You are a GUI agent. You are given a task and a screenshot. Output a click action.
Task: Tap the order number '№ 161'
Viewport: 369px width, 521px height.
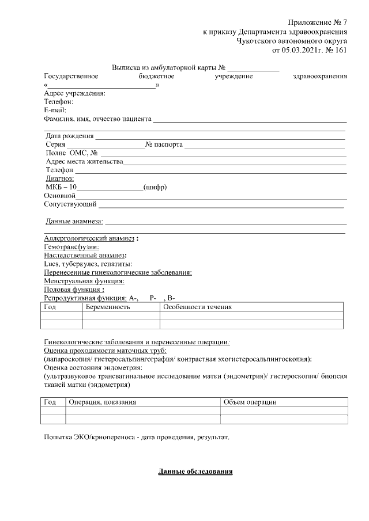pos(336,50)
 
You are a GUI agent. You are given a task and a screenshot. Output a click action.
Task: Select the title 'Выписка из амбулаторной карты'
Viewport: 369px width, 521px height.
pos(164,67)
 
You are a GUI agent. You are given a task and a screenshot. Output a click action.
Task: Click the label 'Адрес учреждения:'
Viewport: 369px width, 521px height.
pos(74,93)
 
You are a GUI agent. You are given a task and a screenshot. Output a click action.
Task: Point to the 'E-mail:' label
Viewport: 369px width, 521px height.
pos(55,110)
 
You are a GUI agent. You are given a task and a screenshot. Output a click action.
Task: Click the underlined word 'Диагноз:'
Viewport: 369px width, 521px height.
pos(60,179)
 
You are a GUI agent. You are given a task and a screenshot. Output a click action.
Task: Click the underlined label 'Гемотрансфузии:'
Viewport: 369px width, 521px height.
pos(71,247)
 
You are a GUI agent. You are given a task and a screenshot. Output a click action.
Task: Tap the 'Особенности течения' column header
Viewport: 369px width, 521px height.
pos(197,307)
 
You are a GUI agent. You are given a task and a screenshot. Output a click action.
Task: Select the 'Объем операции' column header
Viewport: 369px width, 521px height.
pos(250,402)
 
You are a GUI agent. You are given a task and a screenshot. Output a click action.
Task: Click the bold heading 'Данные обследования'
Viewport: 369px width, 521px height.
pos(195,472)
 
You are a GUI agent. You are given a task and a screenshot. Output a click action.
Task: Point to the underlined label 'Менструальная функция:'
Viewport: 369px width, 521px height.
pos(84,281)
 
